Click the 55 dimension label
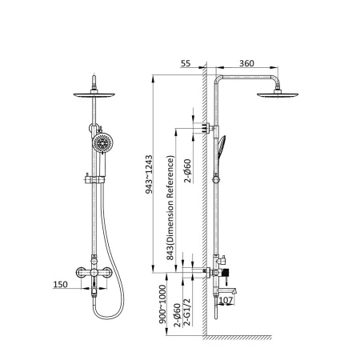(x=186, y=63)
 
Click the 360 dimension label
(x=246, y=63)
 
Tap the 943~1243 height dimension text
(x=149, y=174)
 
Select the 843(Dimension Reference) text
(x=170, y=207)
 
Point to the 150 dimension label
(x=60, y=284)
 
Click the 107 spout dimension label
(x=226, y=300)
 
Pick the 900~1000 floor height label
(x=162, y=304)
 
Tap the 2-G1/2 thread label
(x=187, y=312)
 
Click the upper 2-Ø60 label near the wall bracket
(x=188, y=170)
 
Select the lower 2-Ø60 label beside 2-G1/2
(x=178, y=315)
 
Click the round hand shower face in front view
(x=102, y=143)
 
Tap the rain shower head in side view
(x=278, y=94)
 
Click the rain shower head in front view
(x=94, y=94)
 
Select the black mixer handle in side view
(x=226, y=273)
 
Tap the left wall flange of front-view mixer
(x=82, y=272)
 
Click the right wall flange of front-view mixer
(x=106, y=272)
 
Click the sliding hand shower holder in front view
(x=94, y=179)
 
